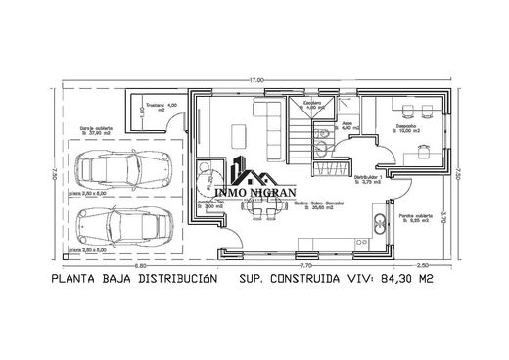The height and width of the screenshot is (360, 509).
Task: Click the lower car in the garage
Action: click(127, 229)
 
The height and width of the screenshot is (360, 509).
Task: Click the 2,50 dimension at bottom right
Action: click(422, 265)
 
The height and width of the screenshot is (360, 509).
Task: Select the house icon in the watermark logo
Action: click(260, 182)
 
